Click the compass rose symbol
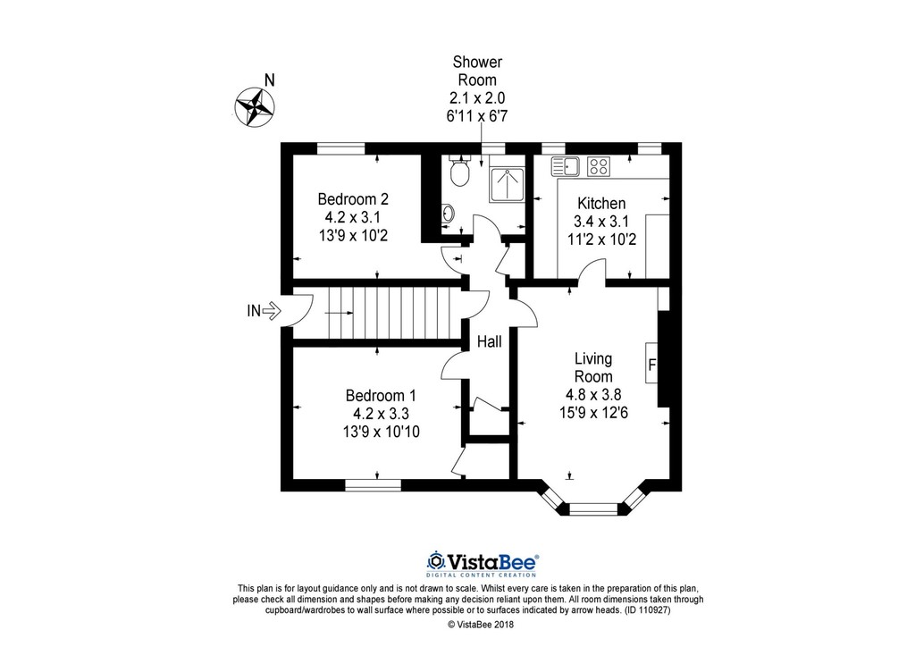255,106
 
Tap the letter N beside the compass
269,80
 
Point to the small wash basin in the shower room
448,213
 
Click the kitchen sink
565,166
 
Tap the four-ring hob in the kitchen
598,166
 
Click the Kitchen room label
601,204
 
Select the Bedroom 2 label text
353,199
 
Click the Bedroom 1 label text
381,396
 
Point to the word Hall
489,342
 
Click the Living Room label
593,367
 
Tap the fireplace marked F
651,363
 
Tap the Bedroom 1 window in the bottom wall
373,485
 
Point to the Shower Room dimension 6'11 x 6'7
477,116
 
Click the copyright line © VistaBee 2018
480,625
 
